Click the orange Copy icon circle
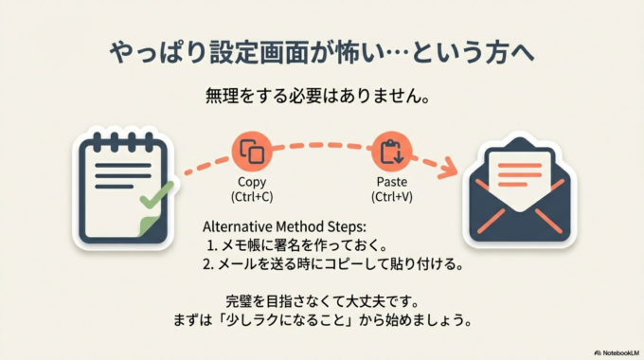(253, 152)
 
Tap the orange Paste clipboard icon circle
(390, 152)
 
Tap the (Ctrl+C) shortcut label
(253, 197)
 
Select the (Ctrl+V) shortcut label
(390, 197)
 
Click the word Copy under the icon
(253, 182)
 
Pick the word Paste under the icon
(390, 182)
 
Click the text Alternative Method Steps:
(284, 227)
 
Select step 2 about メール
(332, 265)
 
